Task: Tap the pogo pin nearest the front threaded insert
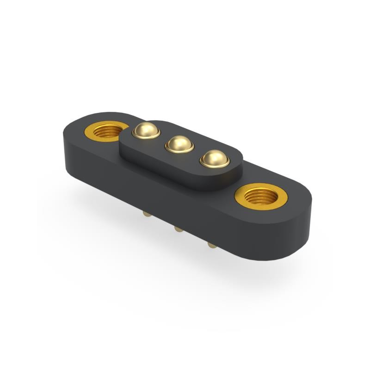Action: pos(215,159)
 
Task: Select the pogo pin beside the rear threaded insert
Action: pos(146,130)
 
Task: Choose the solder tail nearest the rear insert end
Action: pos(147,214)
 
